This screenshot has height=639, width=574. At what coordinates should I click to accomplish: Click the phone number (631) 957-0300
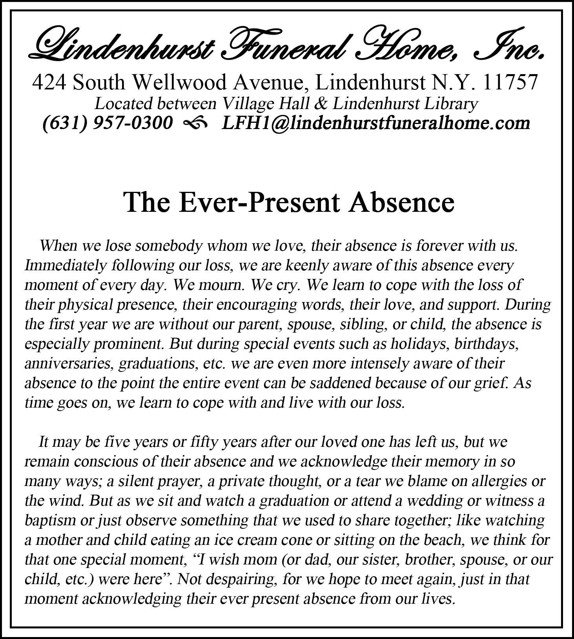click(107, 123)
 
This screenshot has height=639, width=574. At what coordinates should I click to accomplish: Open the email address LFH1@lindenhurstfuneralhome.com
click(376, 123)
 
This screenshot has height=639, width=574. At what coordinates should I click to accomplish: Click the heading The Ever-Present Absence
click(289, 202)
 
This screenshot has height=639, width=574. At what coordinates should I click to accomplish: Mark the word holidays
click(419, 344)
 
